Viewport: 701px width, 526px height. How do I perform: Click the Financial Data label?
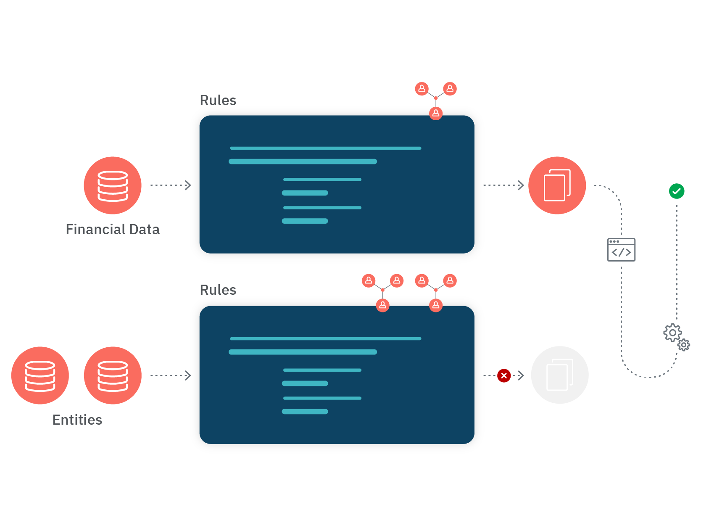[x=113, y=230]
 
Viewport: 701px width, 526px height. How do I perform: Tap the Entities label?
[x=77, y=420]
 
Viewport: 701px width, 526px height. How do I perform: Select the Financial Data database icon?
[x=113, y=185]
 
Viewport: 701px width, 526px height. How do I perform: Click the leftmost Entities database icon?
[x=40, y=375]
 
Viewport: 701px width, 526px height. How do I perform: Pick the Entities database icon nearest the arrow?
[x=113, y=375]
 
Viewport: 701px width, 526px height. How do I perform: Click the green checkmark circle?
[x=677, y=191]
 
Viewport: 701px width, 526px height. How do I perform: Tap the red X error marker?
[x=504, y=375]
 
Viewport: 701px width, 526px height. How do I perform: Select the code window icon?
[x=621, y=250]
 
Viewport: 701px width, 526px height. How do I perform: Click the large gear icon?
[x=672, y=333]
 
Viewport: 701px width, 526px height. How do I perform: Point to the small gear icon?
[x=684, y=345]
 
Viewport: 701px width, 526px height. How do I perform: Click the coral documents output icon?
[x=557, y=185]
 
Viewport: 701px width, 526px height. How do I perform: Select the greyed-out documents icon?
[x=559, y=375]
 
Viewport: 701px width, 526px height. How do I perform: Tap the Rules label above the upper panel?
[x=218, y=100]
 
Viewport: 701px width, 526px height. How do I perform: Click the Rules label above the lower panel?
[x=218, y=290]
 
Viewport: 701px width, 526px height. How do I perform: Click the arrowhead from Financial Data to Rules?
[x=188, y=185]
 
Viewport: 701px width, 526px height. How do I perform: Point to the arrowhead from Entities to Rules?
[x=188, y=375]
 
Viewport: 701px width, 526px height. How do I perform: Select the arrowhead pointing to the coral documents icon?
[x=521, y=185]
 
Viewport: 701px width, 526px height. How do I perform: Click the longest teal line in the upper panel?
[x=325, y=148]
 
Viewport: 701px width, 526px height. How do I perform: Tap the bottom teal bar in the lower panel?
[x=305, y=412]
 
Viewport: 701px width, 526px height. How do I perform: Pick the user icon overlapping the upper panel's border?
[x=436, y=113]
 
